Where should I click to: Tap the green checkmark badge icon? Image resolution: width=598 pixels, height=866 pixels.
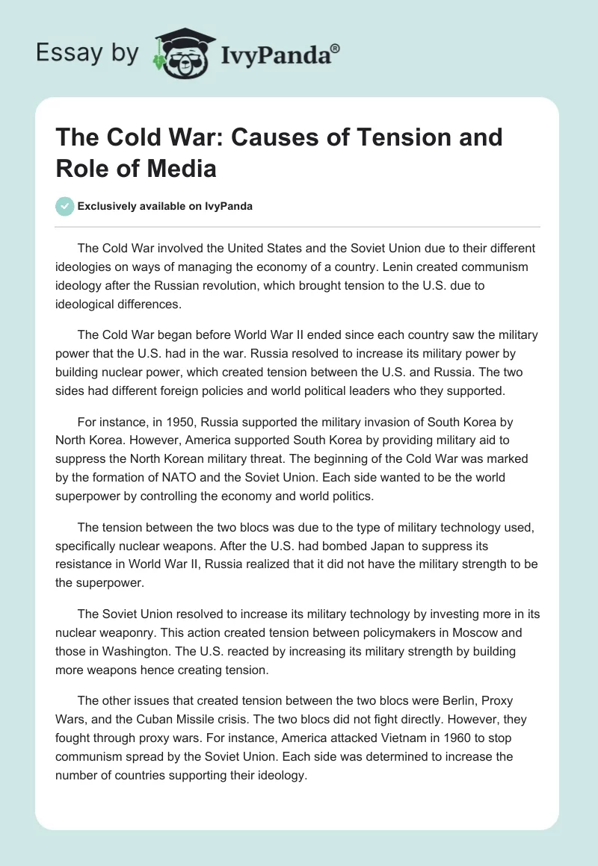pos(64,206)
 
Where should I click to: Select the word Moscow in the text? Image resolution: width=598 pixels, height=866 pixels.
pos(460,632)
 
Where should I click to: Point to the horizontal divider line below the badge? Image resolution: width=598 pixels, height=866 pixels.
pos(298,226)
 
